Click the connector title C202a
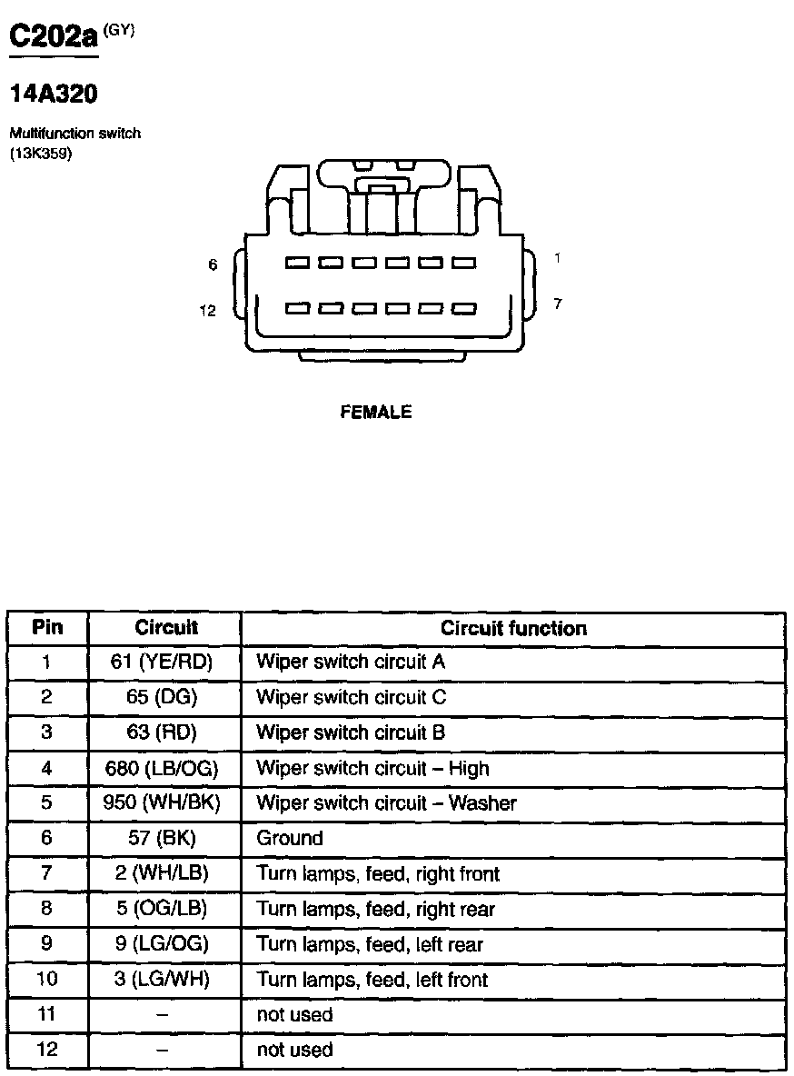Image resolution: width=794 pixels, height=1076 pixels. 53,37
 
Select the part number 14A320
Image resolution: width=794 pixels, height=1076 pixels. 53,94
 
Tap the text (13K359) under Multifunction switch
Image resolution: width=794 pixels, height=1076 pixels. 40,153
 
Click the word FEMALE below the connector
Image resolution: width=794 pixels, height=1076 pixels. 375,413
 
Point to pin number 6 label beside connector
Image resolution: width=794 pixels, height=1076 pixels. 213,264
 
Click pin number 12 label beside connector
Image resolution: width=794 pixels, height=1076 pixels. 208,312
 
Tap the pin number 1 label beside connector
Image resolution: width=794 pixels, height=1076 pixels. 557,259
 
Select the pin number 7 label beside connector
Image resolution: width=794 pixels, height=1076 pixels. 557,304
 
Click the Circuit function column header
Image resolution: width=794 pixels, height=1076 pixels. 513,628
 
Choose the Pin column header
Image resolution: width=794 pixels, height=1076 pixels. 47,627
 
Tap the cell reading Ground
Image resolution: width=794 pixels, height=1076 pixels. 290,838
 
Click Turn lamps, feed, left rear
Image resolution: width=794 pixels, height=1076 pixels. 370,944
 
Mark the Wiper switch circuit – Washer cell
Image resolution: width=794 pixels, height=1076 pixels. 386,803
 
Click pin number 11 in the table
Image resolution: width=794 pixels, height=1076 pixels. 47,1014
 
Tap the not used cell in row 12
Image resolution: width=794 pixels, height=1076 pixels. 294,1050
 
